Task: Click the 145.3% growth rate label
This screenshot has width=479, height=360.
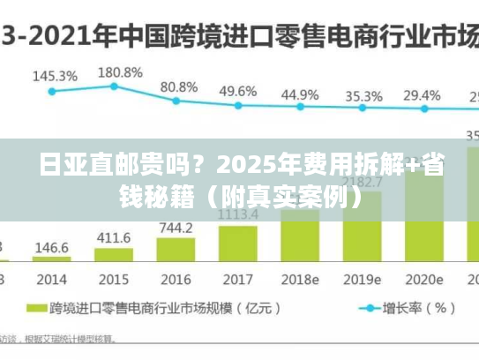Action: coord(55,77)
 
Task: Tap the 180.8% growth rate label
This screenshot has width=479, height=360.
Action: coord(119,72)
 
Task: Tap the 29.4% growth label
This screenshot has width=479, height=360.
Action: coord(422,94)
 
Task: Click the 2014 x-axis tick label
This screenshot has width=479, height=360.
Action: coord(51,280)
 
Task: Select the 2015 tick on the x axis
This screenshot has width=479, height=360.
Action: coord(114,280)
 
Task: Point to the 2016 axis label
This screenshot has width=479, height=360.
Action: coord(176,280)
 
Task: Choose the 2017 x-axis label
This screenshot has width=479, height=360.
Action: coord(237,280)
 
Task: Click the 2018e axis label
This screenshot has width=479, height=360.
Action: coord(301,280)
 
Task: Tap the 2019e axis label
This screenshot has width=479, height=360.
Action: coord(363,280)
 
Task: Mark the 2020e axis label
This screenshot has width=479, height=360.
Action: coord(424,280)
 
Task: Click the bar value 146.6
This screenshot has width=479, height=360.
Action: coord(52,248)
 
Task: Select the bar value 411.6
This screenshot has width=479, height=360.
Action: coord(114,238)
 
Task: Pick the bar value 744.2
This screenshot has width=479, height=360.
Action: coord(176,229)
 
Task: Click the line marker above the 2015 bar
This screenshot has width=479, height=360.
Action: coord(114,86)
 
